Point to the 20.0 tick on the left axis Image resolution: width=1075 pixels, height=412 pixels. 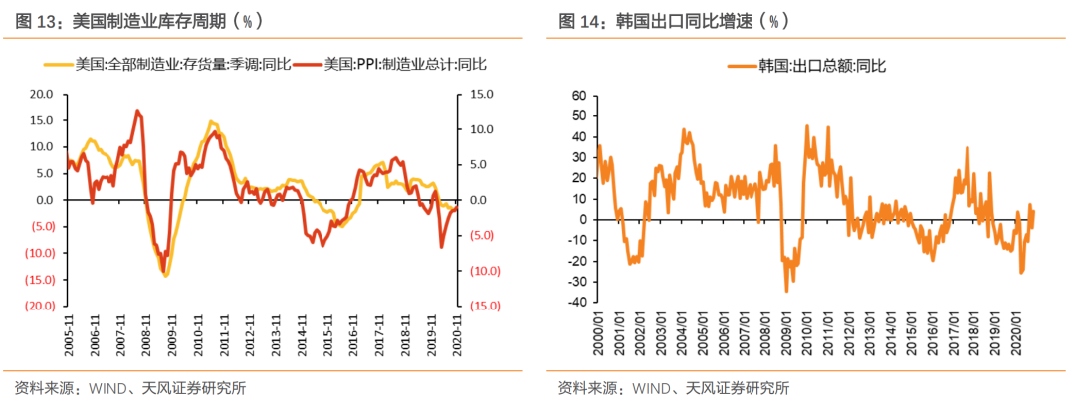click(41, 94)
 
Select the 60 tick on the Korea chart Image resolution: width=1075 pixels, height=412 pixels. click(574, 95)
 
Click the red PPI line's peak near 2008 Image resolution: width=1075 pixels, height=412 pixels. click(137, 111)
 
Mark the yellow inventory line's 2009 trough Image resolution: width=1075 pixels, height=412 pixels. click(165, 275)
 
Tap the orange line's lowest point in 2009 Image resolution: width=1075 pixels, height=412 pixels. click(786, 290)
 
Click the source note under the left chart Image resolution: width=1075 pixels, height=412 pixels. click(130, 388)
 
